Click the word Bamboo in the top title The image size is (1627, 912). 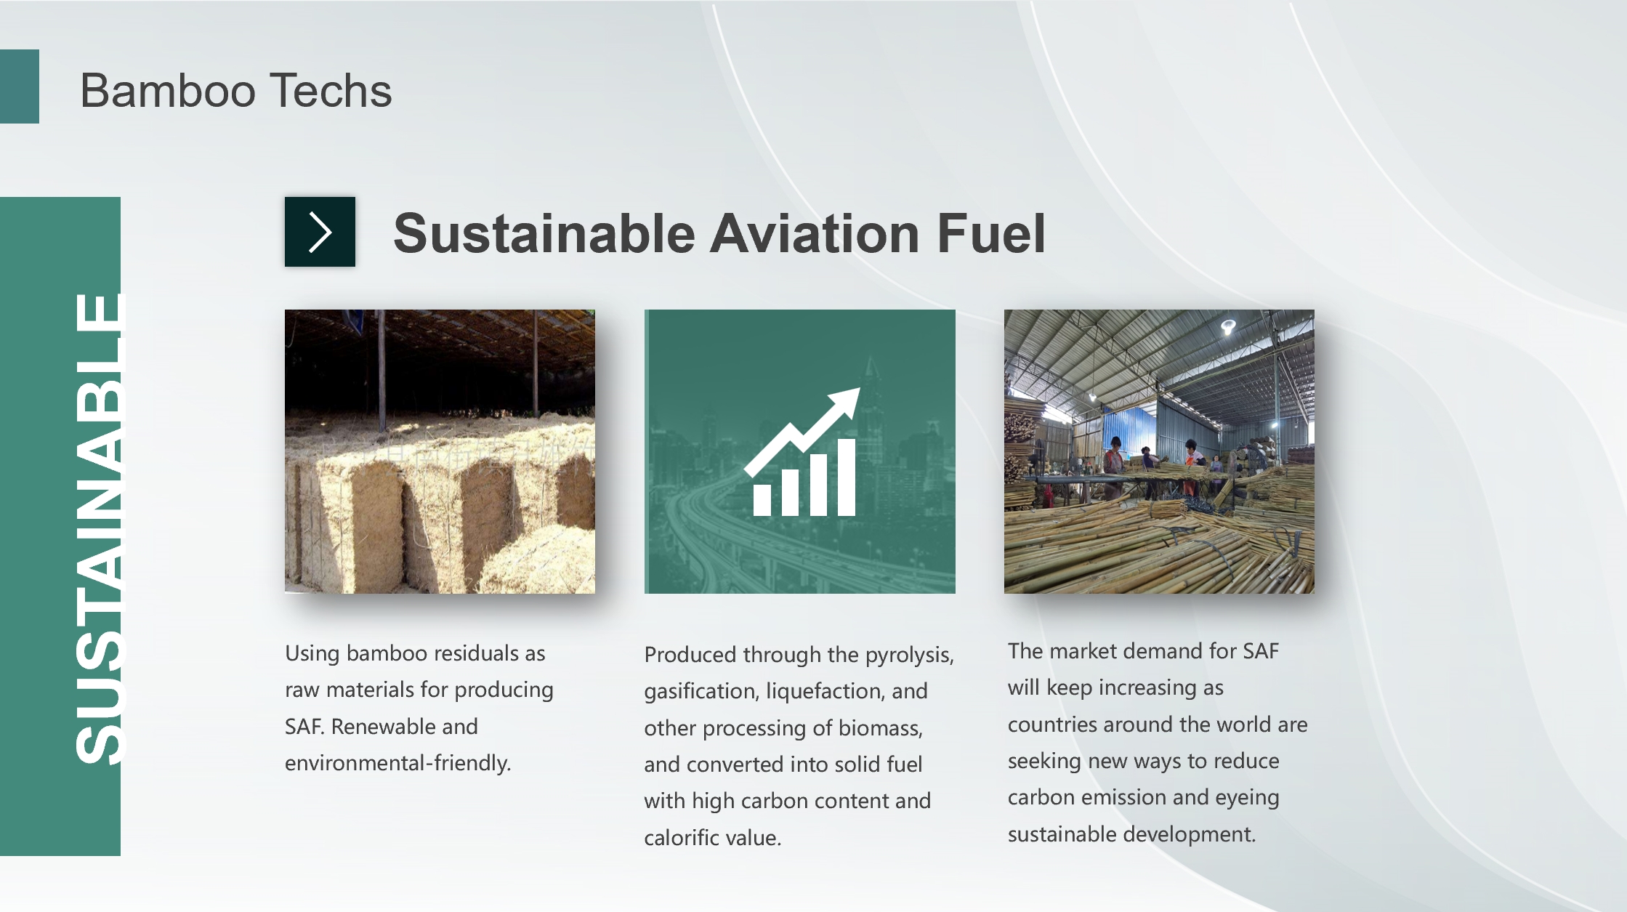point(168,91)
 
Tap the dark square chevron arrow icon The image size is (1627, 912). point(320,232)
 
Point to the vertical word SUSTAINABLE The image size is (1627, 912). point(100,528)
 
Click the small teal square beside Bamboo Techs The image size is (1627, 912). point(20,86)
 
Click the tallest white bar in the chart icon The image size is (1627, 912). point(847,477)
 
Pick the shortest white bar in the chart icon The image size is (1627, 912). point(762,500)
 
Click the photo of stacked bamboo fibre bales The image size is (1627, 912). point(440,451)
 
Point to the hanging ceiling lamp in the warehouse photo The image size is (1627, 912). point(1228,327)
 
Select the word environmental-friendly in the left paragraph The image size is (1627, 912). point(398,763)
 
